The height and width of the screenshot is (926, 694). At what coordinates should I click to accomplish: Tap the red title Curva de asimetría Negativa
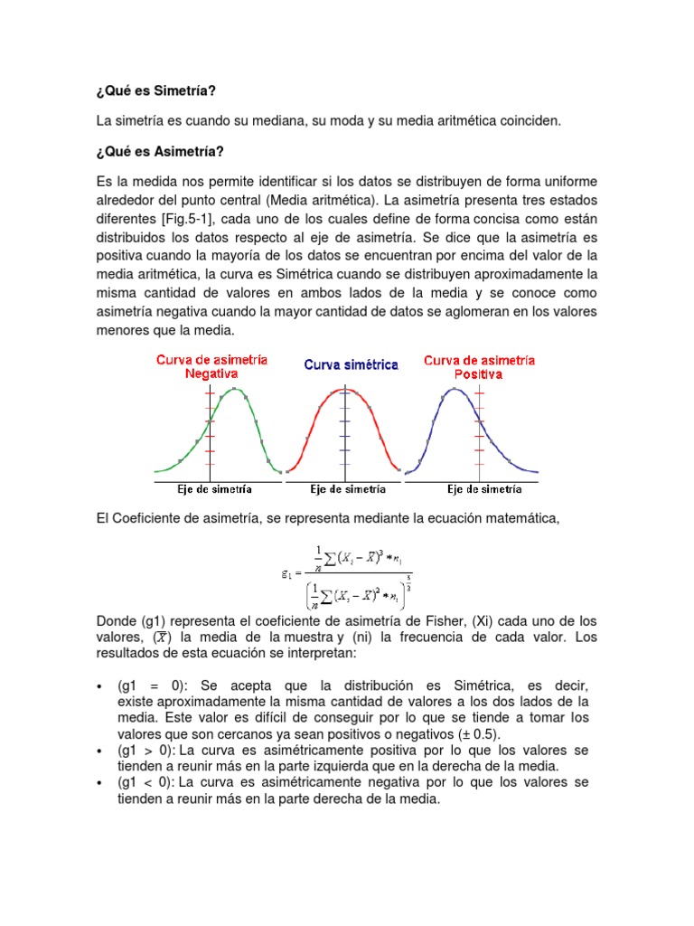211,365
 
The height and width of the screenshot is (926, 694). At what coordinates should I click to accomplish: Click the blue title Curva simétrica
351,364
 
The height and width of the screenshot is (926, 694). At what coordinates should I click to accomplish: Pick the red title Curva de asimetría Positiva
479,365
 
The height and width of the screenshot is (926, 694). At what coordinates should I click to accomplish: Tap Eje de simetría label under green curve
214,489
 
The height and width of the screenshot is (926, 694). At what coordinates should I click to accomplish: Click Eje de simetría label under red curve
348,489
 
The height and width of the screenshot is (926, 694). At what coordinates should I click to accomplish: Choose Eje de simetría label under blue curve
483,489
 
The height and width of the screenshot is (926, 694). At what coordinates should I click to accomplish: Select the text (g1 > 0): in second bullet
145,751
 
